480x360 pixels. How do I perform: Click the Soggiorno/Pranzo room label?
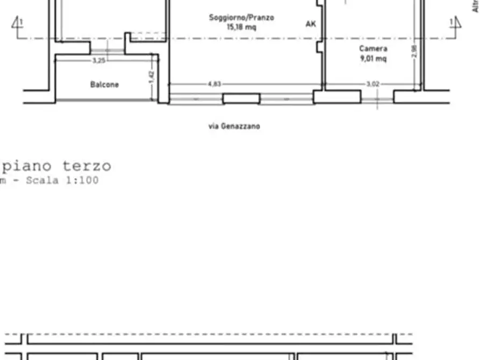[x=241, y=18]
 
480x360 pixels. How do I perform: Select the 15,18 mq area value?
[x=241, y=27]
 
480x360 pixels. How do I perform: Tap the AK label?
[x=311, y=24]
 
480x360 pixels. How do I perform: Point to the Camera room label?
[x=373, y=49]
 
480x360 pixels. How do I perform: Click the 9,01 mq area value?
[x=373, y=59]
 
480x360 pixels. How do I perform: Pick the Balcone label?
[x=104, y=84]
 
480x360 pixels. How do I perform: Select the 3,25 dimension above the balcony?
[x=98, y=61]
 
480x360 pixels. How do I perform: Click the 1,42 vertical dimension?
[x=152, y=77]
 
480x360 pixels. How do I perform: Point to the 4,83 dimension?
[x=213, y=84]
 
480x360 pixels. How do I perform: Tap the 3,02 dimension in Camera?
[x=372, y=84]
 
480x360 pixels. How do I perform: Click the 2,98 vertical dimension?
[x=413, y=52]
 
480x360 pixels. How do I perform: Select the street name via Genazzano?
[x=234, y=126]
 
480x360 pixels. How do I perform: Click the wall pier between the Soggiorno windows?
[x=241, y=98]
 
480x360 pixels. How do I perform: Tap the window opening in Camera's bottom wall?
[x=377, y=99]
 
